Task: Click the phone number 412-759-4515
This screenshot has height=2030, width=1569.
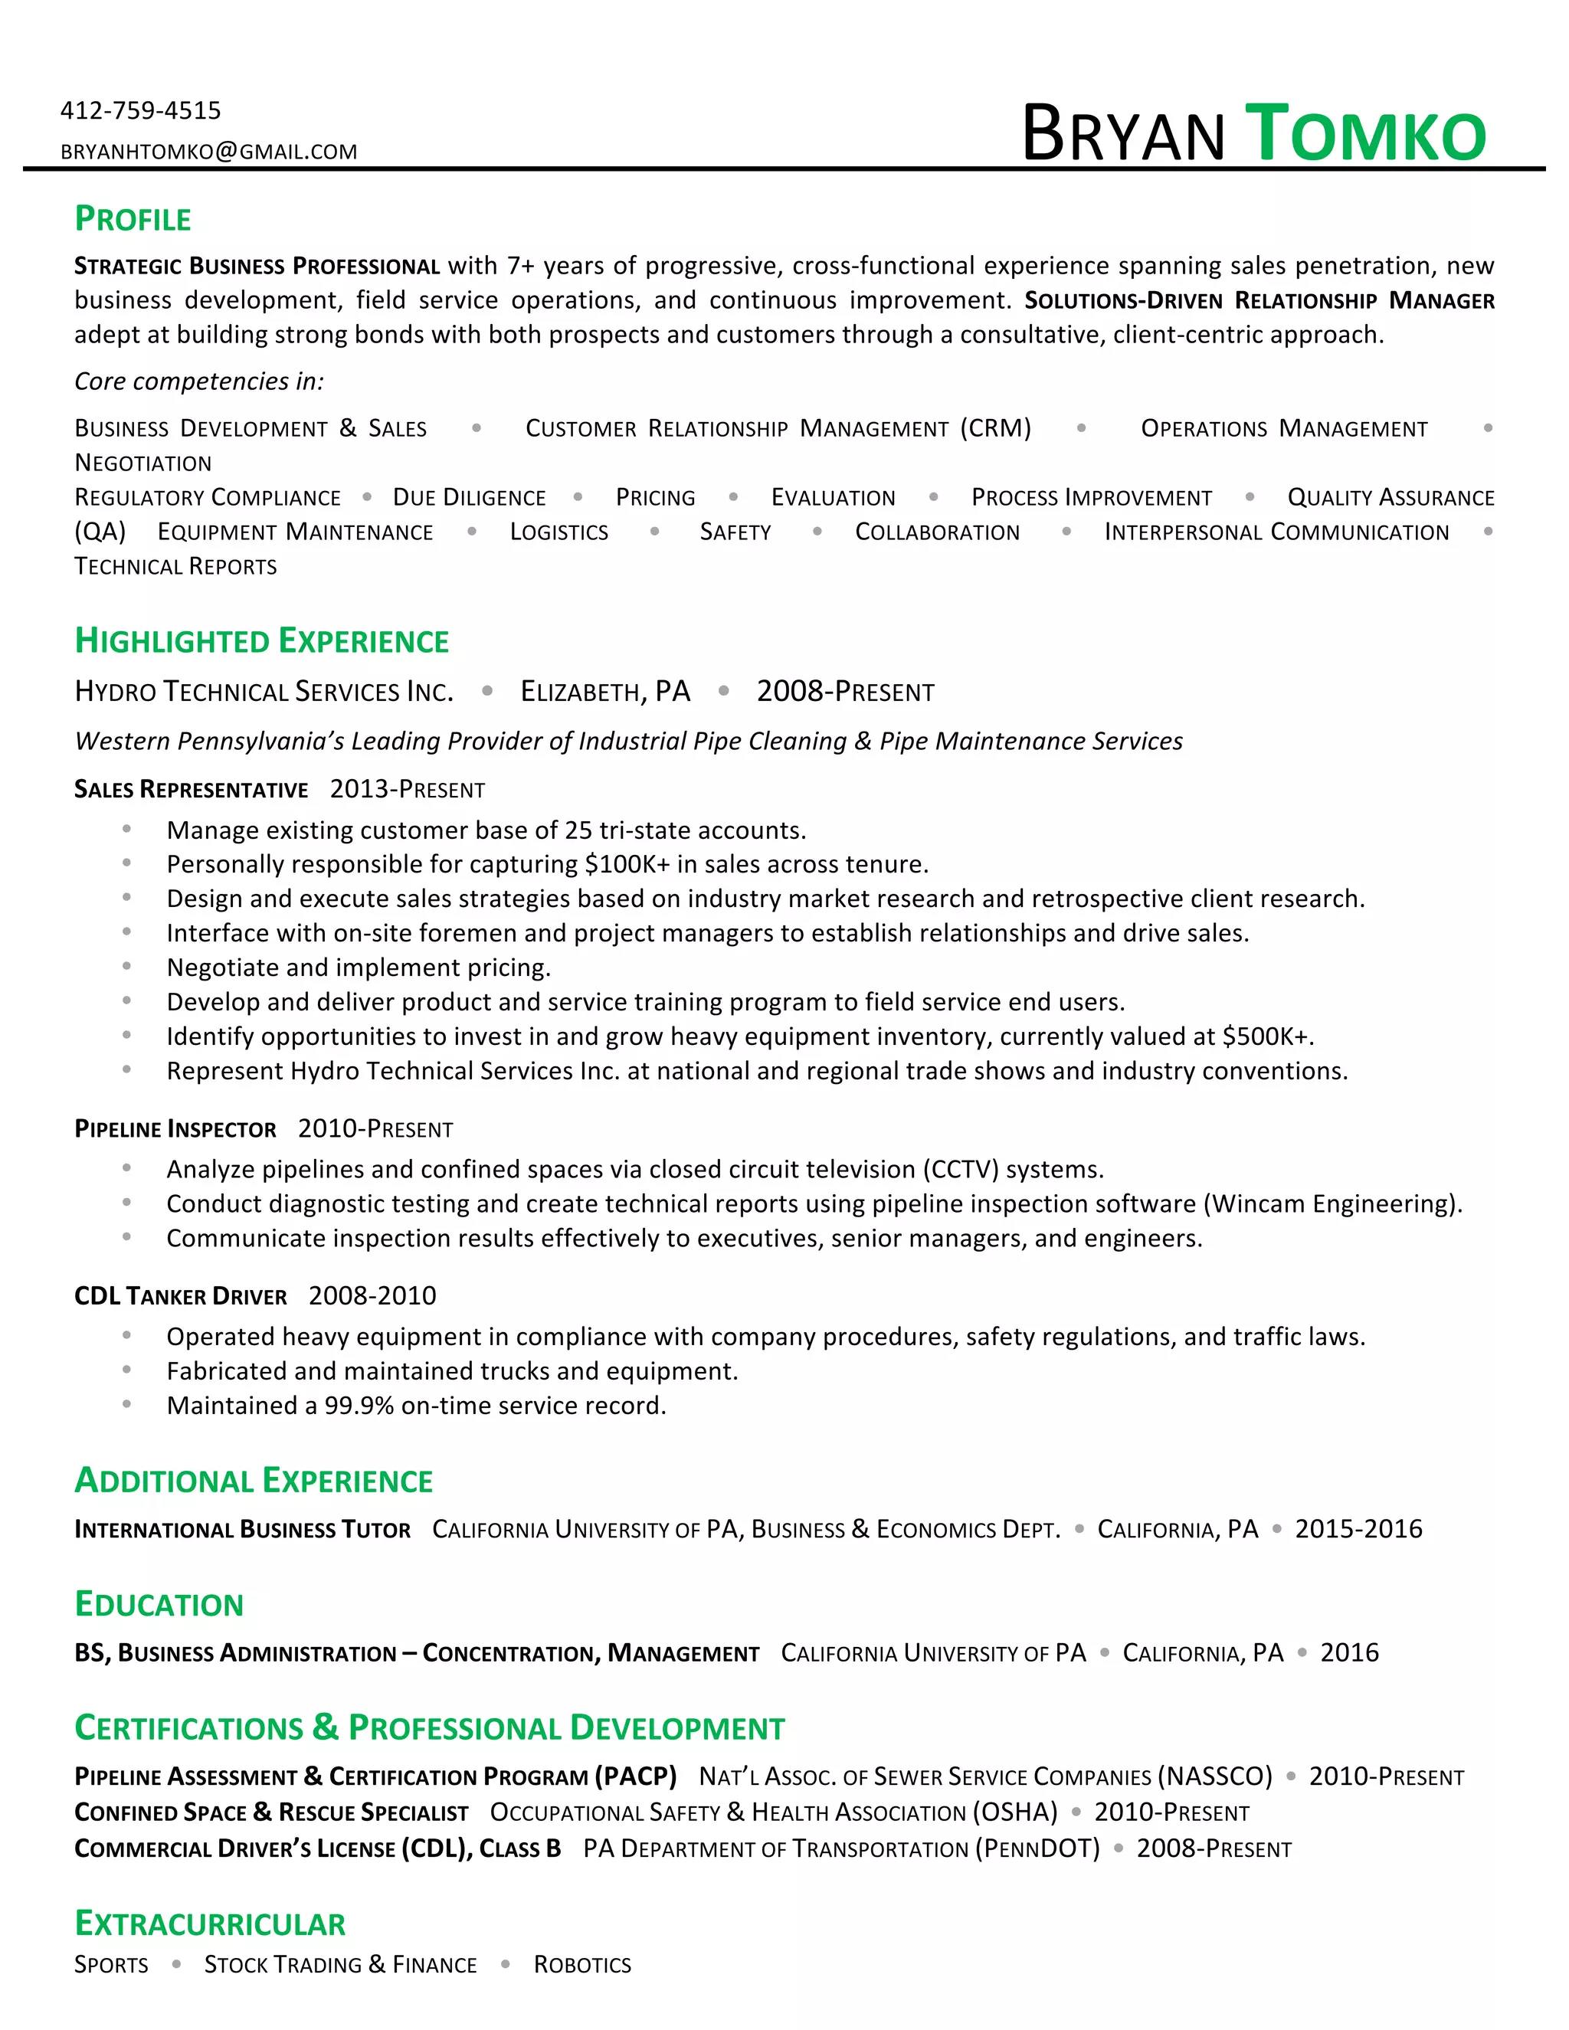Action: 140,110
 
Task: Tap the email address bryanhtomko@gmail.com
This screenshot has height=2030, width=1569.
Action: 208,152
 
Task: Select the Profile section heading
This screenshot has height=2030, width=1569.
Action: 132,219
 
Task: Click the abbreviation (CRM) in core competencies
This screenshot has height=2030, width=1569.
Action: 995,428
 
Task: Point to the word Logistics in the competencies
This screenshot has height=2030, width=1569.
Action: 558,532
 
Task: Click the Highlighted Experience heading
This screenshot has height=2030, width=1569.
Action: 261,641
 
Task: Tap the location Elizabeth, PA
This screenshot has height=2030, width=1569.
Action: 605,692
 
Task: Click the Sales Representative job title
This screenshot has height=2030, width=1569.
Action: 191,789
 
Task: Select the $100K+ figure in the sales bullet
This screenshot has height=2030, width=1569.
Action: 627,864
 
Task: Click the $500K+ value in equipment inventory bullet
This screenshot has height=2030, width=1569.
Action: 1266,1036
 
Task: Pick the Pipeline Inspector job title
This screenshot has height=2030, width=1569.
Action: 175,1129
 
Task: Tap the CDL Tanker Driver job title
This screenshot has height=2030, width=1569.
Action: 180,1295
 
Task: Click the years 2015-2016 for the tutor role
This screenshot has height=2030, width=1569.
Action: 1358,1529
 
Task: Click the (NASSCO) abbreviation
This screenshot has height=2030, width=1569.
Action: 1214,1776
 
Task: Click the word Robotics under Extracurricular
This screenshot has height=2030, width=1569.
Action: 582,1965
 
